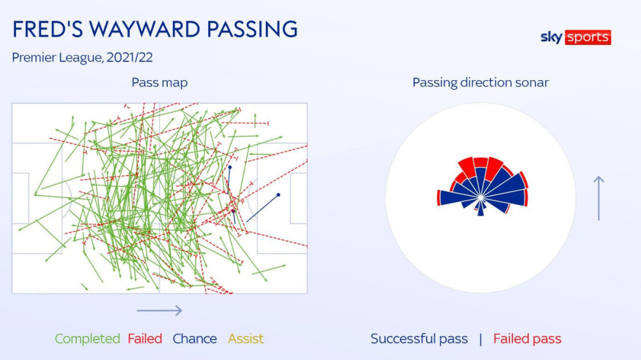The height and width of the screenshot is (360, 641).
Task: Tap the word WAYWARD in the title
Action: (x=145, y=29)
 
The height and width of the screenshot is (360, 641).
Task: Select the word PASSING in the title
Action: (x=252, y=29)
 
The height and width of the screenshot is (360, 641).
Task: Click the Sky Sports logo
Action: (x=576, y=37)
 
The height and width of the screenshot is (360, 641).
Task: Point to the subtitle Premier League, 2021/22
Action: (x=82, y=58)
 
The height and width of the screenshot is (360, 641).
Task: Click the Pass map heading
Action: (x=160, y=83)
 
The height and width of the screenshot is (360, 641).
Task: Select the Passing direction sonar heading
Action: (x=480, y=83)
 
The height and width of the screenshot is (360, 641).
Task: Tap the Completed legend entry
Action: (x=87, y=339)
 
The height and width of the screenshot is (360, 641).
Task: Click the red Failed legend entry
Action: (x=145, y=339)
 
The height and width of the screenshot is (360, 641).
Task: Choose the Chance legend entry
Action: (x=195, y=339)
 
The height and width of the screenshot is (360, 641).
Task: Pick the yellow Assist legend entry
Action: (x=246, y=339)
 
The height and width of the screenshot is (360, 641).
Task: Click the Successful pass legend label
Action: (x=419, y=339)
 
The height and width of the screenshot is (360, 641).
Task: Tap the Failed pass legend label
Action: (x=527, y=339)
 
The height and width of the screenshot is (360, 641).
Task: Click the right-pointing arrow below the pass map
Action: (x=160, y=311)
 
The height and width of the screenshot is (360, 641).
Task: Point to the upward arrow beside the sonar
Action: (x=599, y=198)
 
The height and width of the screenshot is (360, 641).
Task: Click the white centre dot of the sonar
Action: (x=481, y=198)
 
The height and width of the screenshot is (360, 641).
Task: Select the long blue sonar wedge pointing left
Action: (x=458, y=198)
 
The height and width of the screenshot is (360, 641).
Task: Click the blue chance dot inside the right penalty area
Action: (x=278, y=195)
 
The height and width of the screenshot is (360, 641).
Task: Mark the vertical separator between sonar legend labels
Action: (x=480, y=339)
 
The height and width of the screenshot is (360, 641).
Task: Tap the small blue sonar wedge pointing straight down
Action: (x=481, y=208)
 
